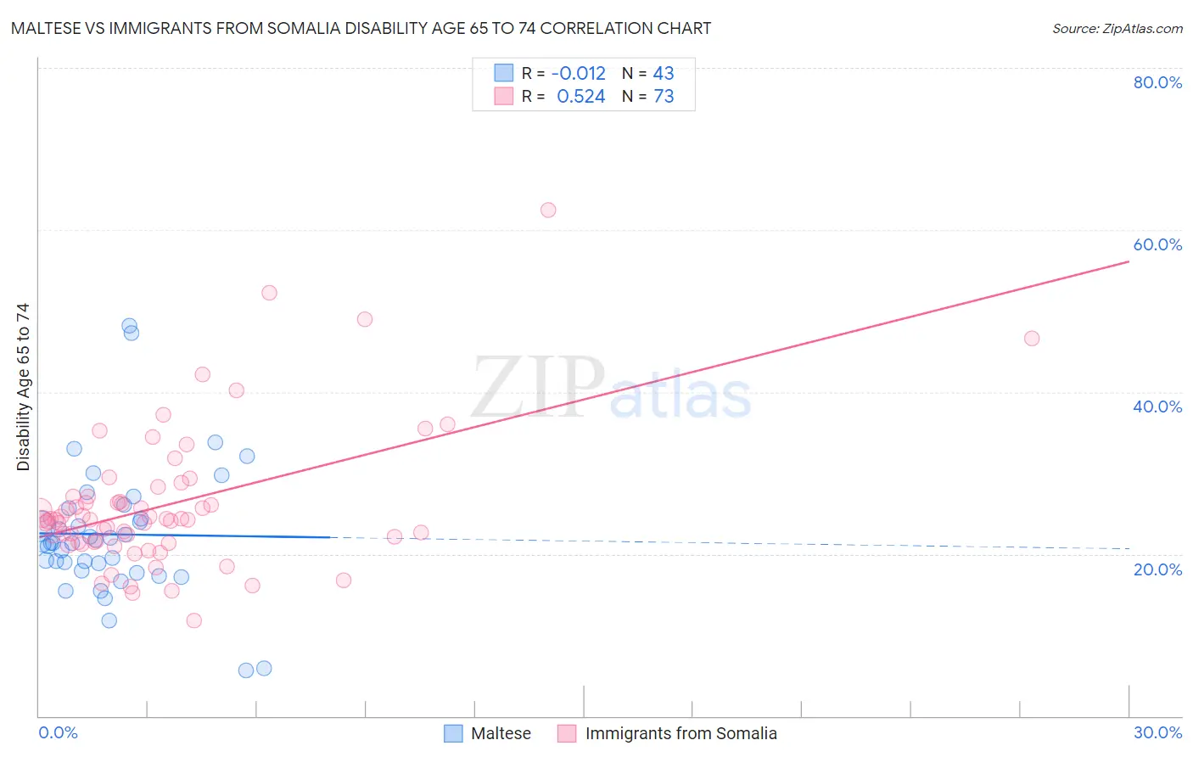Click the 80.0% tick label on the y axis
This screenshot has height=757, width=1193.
[1157, 82]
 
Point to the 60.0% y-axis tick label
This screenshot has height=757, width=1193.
[1157, 244]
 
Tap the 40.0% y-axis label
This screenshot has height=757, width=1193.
[1157, 407]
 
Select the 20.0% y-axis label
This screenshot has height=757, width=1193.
[1157, 569]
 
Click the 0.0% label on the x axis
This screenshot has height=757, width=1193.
[58, 732]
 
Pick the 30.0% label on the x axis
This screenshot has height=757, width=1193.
[1157, 732]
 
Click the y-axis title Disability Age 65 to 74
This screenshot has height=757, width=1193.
[23, 387]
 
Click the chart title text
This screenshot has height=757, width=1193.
[361, 28]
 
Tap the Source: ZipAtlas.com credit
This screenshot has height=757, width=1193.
[1117, 29]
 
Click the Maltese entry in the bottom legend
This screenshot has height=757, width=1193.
[501, 733]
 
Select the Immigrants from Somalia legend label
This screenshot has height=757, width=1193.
[681, 733]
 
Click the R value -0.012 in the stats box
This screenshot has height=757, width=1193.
[580, 74]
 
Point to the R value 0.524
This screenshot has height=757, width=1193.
[581, 97]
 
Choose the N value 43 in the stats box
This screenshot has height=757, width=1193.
[664, 74]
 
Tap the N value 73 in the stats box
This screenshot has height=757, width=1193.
[664, 97]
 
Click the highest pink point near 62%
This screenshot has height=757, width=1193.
[548, 210]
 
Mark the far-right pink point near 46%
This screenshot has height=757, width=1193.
[1032, 339]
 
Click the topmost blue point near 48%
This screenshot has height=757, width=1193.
[129, 325]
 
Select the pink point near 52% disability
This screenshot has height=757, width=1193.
[269, 293]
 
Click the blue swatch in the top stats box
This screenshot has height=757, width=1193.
[504, 73]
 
